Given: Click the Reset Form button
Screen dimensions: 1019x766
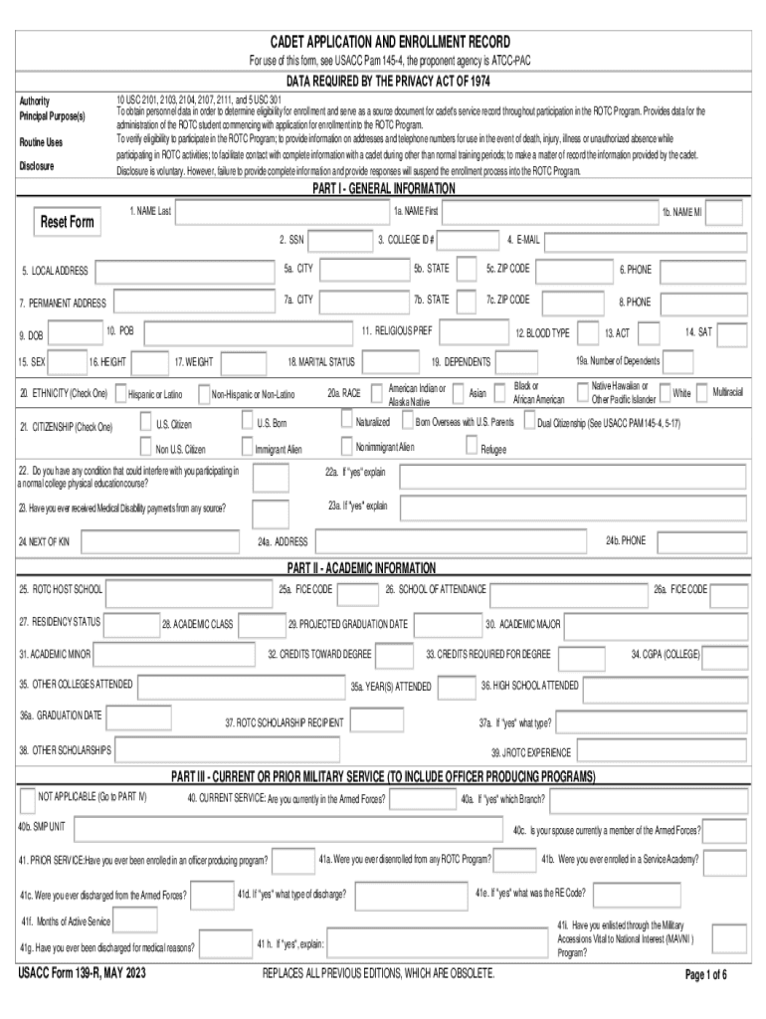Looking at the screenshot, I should click(67, 221).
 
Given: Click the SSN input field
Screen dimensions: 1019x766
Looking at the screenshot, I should click(338, 240).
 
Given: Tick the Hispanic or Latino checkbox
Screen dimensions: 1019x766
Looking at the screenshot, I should click(119, 394).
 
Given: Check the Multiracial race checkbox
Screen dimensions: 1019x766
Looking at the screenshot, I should click(702, 393).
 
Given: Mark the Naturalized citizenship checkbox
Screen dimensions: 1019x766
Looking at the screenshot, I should click(345, 422).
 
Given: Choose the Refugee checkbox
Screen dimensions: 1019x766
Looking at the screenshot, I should click(471, 449).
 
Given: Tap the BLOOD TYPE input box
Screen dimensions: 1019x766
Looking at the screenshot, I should click(587, 332).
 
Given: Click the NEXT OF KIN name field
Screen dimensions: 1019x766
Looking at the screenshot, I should click(159, 542).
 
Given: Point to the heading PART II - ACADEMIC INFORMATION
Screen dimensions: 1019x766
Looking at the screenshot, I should click(361, 568).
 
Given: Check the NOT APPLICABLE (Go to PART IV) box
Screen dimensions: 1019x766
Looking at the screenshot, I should click(27, 798).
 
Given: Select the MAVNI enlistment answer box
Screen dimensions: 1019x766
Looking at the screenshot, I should click(729, 937).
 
